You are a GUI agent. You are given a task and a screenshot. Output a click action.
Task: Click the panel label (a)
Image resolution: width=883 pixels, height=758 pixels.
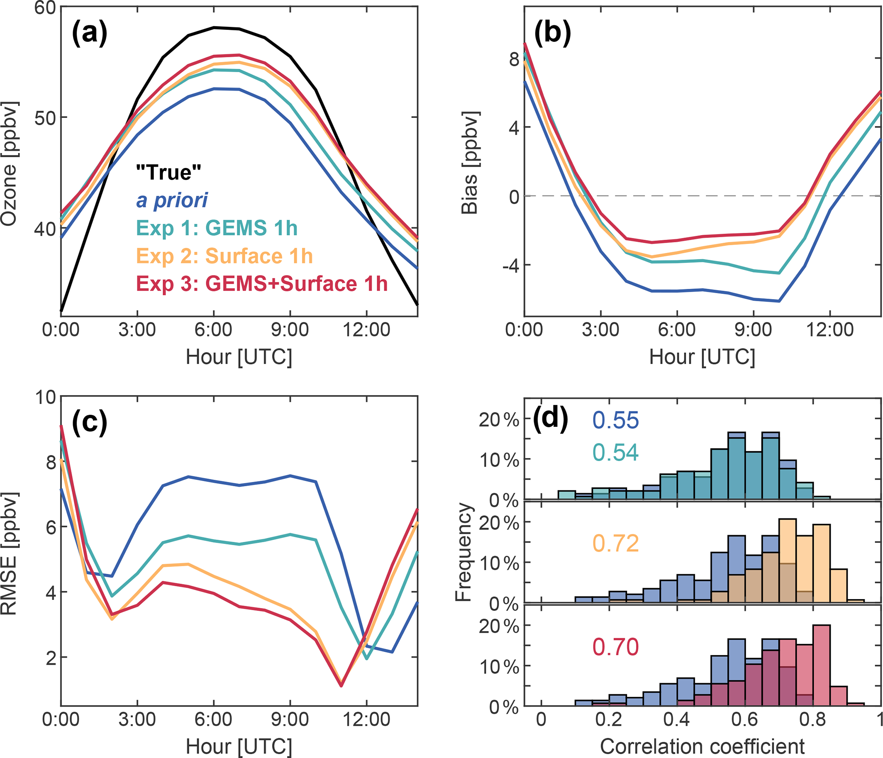pos(89,33)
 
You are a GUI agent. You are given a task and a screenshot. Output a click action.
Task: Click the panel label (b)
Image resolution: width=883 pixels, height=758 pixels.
pos(552,33)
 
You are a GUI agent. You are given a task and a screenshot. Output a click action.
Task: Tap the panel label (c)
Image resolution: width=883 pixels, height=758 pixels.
pos(89,423)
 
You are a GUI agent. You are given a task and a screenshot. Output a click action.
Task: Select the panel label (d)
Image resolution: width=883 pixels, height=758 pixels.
pos(551,419)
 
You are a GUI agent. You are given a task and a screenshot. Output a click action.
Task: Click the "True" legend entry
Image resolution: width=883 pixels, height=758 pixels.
pos(169,172)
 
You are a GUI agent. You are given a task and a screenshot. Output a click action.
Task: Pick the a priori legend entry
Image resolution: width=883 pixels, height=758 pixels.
pos(172,200)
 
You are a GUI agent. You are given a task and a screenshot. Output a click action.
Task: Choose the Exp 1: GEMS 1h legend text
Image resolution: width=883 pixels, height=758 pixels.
pos(217,228)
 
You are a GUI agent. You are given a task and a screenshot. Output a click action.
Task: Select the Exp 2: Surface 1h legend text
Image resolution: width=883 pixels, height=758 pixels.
pos(224,256)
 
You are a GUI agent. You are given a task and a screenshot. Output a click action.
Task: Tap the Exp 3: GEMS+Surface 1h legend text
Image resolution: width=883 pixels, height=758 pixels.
pos(261,284)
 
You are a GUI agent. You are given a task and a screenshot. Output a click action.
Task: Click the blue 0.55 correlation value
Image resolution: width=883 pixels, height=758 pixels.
pos(616,420)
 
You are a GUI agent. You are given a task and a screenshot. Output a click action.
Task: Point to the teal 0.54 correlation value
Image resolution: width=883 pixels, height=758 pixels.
pos(616,452)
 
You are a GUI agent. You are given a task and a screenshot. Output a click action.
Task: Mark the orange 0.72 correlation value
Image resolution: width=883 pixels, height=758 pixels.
pos(616,544)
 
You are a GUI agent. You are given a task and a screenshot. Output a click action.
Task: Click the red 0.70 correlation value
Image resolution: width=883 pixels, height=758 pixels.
pos(616,647)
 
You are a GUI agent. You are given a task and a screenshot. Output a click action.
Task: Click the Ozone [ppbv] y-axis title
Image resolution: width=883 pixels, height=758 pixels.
pos(9,164)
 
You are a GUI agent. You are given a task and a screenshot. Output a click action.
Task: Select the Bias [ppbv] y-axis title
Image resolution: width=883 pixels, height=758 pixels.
pos(470,163)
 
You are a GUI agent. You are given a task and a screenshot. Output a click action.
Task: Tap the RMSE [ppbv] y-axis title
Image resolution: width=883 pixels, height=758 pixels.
pos(9,554)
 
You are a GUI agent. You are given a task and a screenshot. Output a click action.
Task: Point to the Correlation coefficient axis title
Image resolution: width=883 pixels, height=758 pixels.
pos(702,746)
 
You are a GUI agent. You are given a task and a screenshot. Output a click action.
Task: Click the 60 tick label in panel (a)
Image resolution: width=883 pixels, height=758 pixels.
pos(45,8)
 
